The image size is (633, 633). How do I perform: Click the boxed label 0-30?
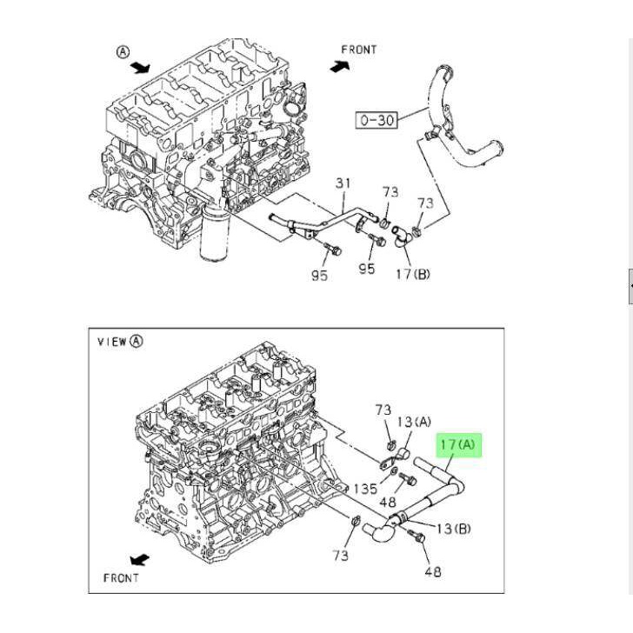tap(376, 120)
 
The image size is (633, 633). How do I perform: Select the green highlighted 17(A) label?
tap(458, 445)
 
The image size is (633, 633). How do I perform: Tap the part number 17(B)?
tap(413, 275)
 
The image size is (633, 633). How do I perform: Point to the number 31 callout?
tap(343, 183)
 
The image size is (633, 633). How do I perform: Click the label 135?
tap(365, 489)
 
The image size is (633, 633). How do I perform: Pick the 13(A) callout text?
tap(414, 423)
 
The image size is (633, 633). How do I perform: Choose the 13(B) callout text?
tap(454, 529)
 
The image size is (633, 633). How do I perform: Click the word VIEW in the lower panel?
tap(112, 342)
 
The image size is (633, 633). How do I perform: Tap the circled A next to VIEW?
tap(136, 342)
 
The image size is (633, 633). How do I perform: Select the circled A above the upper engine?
tap(123, 52)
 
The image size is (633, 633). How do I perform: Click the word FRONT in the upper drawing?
tap(359, 50)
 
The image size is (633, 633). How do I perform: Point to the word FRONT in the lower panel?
tap(121, 578)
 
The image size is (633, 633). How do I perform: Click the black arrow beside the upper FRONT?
tap(340, 67)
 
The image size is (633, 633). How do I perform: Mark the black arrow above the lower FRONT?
tap(140, 560)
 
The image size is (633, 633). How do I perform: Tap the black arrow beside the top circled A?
tap(140, 68)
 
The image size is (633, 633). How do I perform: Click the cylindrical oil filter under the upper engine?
tap(215, 232)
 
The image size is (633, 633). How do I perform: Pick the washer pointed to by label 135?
tap(394, 470)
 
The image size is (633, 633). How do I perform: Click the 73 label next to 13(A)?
tap(383, 410)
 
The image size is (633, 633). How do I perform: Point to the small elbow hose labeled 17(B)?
tap(400, 236)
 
